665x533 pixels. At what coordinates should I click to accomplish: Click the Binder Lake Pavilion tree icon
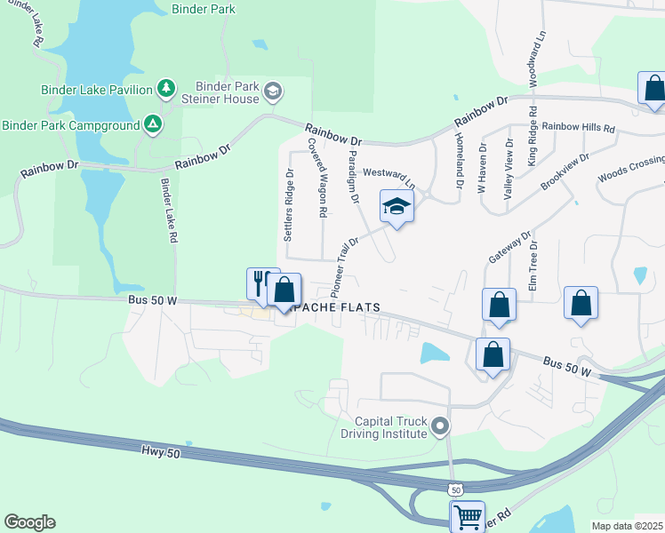pos(165,88)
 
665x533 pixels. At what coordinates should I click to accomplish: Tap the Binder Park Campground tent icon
pos(153,124)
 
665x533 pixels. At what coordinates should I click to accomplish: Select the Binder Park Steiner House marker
pos(272,91)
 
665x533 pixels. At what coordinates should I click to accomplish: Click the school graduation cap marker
pos(397,207)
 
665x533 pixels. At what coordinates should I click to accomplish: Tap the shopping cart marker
pos(468,515)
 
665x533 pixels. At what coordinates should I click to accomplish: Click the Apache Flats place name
pos(333,307)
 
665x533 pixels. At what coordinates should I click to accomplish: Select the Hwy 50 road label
pos(160,453)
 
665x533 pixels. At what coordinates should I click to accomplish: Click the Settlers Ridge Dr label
pos(288,205)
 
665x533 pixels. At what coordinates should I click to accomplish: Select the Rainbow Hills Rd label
pos(579,128)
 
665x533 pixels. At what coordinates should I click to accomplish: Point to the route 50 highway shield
pos(455,489)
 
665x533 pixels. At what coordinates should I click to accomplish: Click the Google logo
pos(29,521)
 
